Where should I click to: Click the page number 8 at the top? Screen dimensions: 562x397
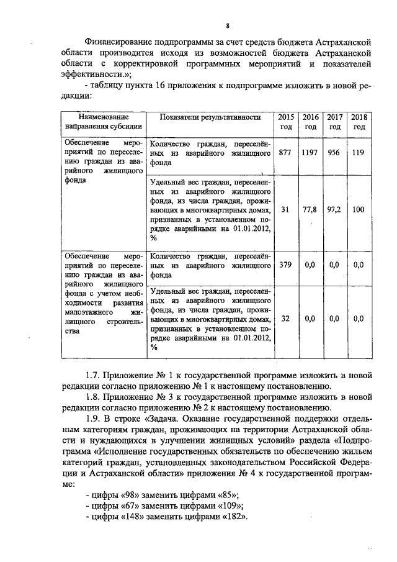coord(228,25)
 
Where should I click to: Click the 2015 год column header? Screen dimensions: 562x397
coord(285,122)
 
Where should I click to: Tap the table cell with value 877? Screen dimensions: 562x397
coord(285,153)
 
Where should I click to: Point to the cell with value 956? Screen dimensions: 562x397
coord(334,153)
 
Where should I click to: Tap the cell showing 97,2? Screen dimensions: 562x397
coord(334,210)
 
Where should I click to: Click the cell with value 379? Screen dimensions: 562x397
coord(285,265)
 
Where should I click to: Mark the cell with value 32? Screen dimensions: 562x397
coord(285,319)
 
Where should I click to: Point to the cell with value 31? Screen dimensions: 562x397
coord(285,210)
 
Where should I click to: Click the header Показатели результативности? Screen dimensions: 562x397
coord(209,117)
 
